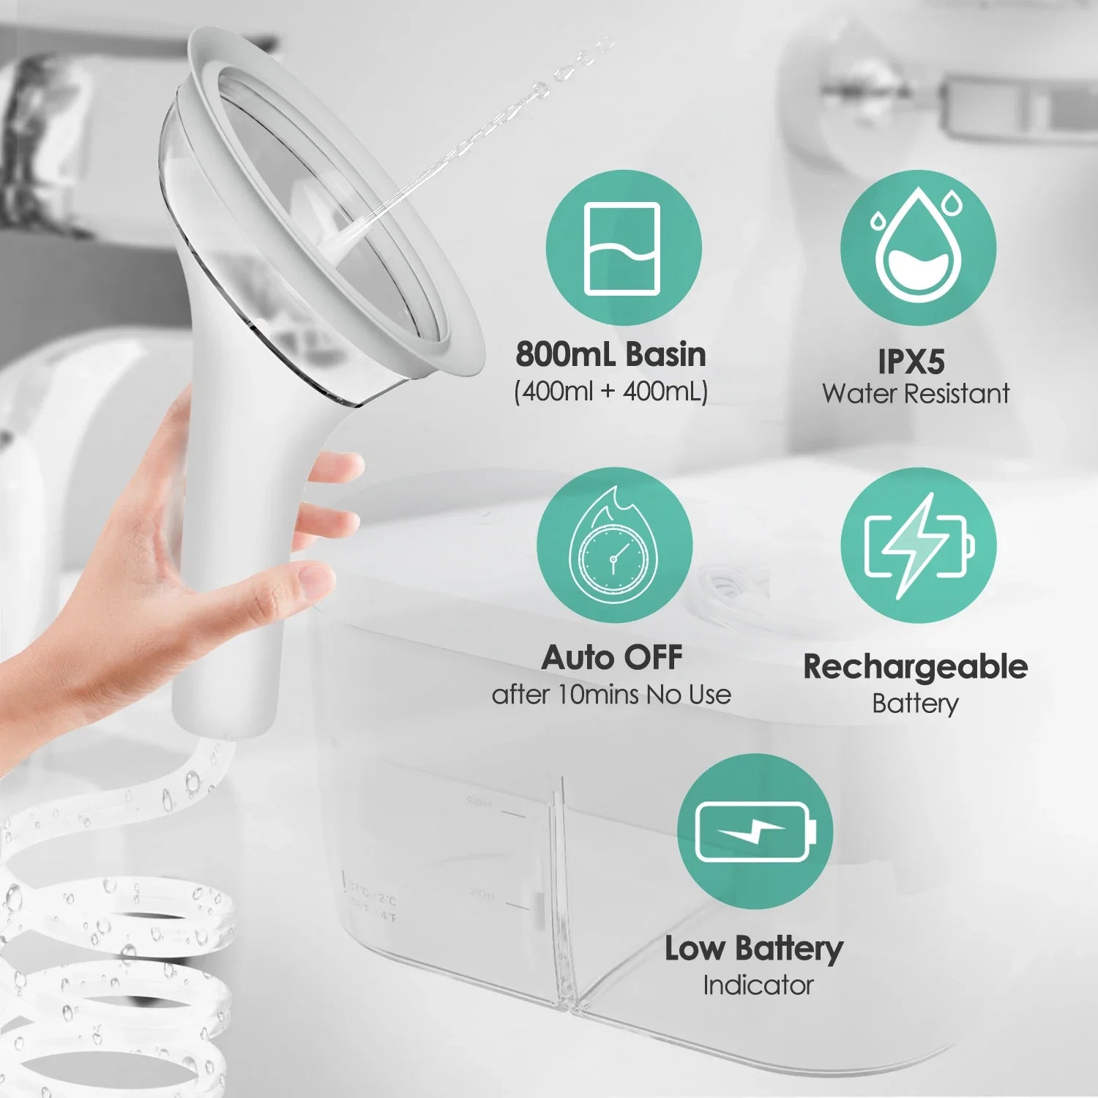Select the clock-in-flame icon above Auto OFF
[613, 545]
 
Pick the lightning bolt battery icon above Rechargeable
[919, 546]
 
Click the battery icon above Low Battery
[755, 832]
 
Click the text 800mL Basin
[610, 355]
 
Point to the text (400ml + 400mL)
[610, 392]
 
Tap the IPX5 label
[911, 361]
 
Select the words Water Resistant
[916, 394]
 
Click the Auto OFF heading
[611, 658]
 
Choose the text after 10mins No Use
[611, 694]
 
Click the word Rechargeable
[915, 667]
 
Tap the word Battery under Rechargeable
[915, 703]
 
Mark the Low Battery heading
[754, 949]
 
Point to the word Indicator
[758, 985]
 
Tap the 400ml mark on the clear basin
[479, 804]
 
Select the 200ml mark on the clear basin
[482, 895]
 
